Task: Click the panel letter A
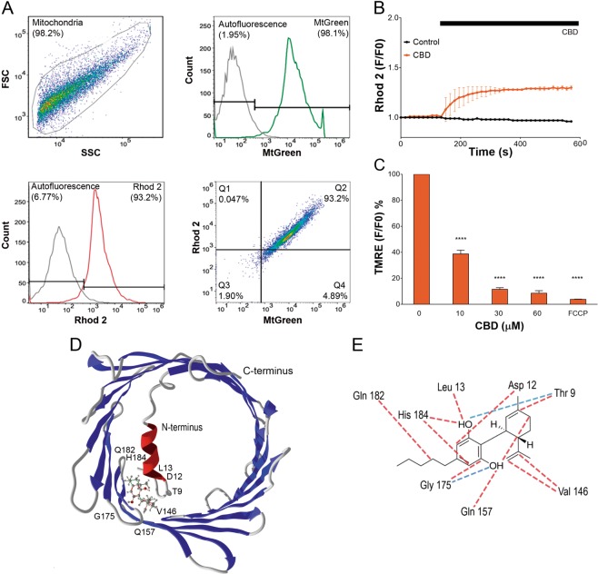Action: [8, 8]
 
